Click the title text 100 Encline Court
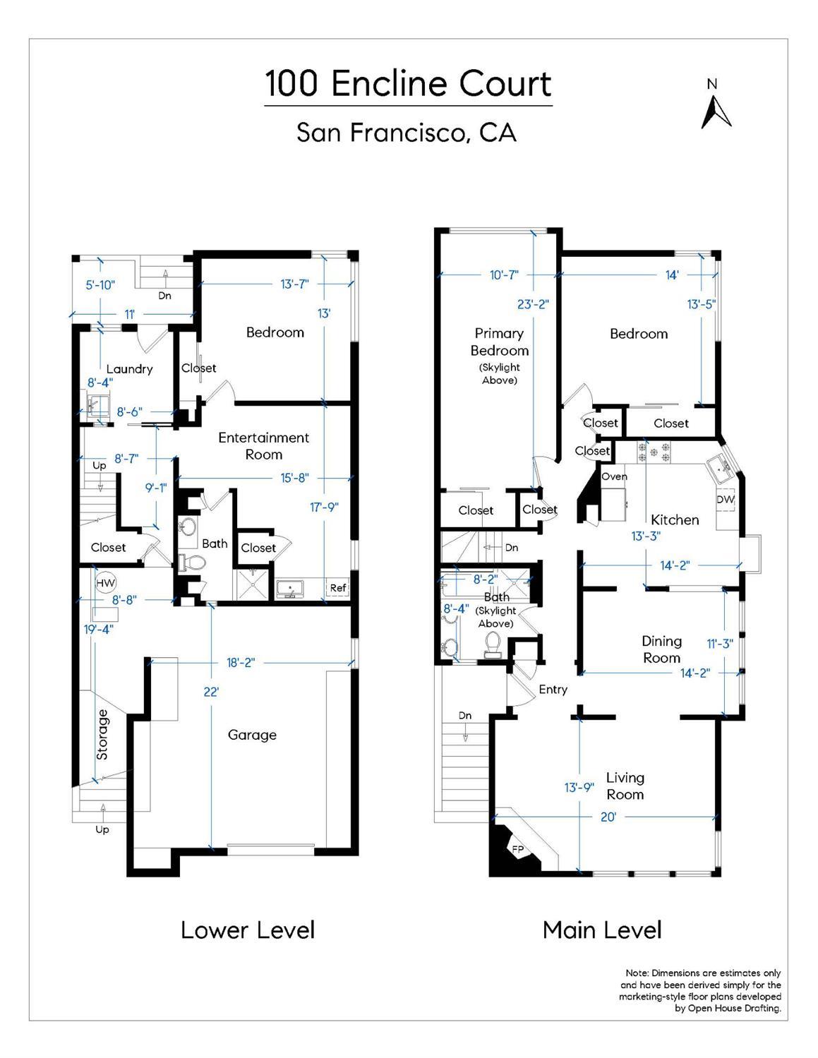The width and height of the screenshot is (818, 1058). (x=408, y=84)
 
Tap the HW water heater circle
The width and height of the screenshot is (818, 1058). (x=105, y=583)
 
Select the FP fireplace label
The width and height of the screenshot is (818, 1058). (x=518, y=849)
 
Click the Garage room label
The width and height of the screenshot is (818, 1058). (x=252, y=735)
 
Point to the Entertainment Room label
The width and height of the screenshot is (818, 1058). (x=263, y=446)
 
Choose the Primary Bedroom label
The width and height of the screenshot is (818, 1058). (x=500, y=342)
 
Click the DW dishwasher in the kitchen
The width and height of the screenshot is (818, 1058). (x=726, y=499)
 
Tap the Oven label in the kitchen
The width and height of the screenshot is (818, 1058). (x=614, y=476)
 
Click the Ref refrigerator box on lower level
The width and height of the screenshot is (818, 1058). (x=338, y=587)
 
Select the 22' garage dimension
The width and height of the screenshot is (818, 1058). (x=211, y=692)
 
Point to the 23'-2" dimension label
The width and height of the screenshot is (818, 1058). (x=533, y=304)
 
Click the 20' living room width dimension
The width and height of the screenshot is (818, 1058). (x=608, y=817)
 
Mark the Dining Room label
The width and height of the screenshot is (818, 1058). (x=661, y=649)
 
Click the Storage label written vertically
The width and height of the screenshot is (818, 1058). (x=102, y=734)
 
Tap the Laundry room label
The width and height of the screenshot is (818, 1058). (x=129, y=368)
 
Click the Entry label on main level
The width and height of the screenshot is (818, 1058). (x=553, y=690)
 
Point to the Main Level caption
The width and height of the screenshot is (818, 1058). (x=602, y=930)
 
